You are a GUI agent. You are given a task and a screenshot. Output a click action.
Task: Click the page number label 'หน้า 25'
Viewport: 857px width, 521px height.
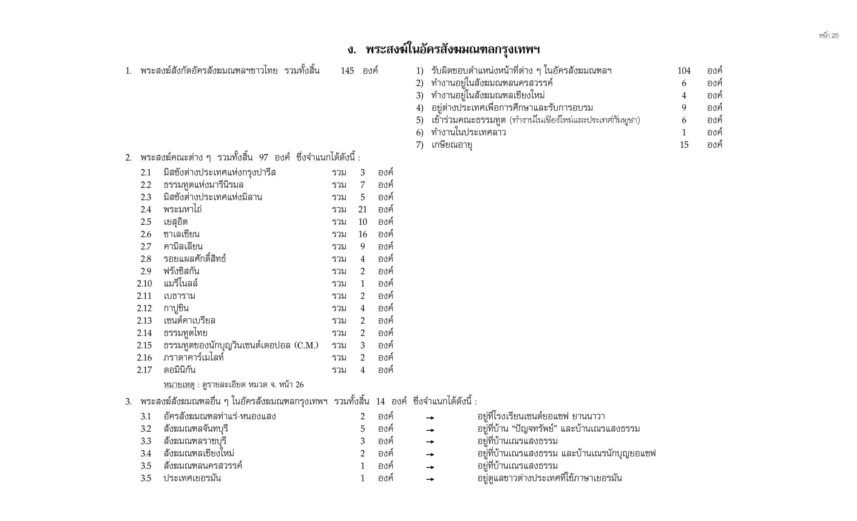[829, 35]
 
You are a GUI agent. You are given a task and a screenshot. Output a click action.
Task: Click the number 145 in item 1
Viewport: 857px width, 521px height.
[347, 71]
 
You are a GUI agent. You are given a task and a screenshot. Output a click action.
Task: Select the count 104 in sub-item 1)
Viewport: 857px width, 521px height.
[684, 71]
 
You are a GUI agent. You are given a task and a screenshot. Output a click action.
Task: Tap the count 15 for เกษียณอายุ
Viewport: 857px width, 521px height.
[684, 145]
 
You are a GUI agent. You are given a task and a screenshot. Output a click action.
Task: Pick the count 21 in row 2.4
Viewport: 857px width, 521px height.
[362, 209]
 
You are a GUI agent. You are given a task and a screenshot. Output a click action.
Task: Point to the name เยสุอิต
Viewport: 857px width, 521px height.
[176, 222]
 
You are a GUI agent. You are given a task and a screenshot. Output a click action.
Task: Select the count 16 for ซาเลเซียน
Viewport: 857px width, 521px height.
[362, 234]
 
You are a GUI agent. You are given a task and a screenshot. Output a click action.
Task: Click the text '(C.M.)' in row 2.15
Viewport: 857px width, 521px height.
[306, 345]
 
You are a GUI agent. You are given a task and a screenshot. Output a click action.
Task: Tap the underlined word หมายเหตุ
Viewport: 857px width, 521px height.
[179, 385]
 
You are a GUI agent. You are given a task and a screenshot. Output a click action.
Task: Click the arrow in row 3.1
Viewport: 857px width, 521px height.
[430, 417]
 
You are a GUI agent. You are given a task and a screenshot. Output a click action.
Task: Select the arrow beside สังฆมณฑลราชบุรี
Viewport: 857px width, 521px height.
[430, 442]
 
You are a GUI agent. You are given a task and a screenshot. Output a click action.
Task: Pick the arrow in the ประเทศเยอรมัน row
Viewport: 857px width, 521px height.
[430, 479]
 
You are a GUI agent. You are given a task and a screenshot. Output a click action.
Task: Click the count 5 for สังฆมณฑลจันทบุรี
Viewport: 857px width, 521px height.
[362, 429]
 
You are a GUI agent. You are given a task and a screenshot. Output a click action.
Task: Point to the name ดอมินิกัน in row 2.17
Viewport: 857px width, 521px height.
[179, 370]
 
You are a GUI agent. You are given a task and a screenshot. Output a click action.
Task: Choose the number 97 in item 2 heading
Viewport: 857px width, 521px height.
[264, 157]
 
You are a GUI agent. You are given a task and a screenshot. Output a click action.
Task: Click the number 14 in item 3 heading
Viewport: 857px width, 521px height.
[380, 401]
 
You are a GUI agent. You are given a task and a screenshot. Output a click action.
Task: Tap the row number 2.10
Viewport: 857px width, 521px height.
[144, 283]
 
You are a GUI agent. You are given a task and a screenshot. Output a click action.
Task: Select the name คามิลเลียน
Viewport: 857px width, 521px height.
[183, 246]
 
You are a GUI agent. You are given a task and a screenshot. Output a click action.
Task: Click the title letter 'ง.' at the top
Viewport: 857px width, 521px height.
[351, 50]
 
